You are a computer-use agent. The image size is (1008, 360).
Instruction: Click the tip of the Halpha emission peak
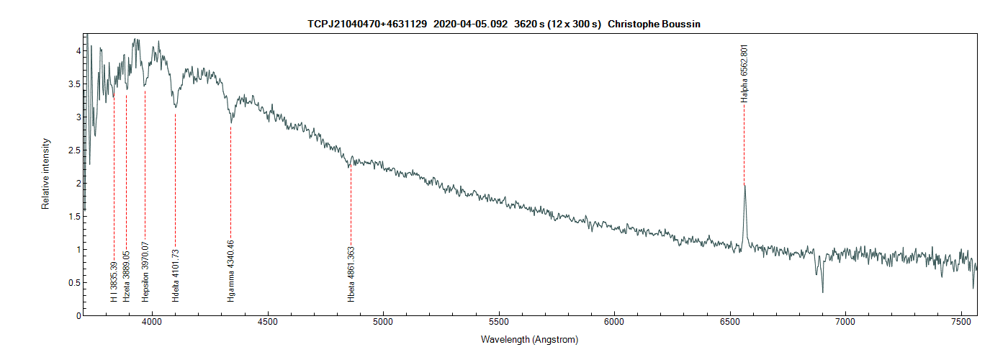tap(744, 184)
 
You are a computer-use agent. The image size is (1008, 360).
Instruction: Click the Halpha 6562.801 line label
tap(744, 73)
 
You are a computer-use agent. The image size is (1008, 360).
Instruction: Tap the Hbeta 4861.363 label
tap(351, 274)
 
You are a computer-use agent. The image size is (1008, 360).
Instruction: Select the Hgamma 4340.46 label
tap(231, 270)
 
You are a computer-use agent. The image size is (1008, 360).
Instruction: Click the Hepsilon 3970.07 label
tap(145, 271)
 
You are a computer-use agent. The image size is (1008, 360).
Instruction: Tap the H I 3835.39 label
tap(114, 276)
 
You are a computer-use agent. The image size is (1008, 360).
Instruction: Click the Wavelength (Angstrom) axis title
tap(529, 339)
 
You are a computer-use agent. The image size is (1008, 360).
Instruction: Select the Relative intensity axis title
tap(45, 174)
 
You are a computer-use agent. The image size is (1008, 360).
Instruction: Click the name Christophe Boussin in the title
tap(654, 24)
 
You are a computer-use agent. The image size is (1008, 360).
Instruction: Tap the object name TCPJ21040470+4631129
tap(367, 24)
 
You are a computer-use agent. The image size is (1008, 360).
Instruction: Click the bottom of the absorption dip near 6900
tap(822, 292)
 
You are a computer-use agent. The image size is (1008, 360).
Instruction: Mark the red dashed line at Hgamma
tap(231, 187)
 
